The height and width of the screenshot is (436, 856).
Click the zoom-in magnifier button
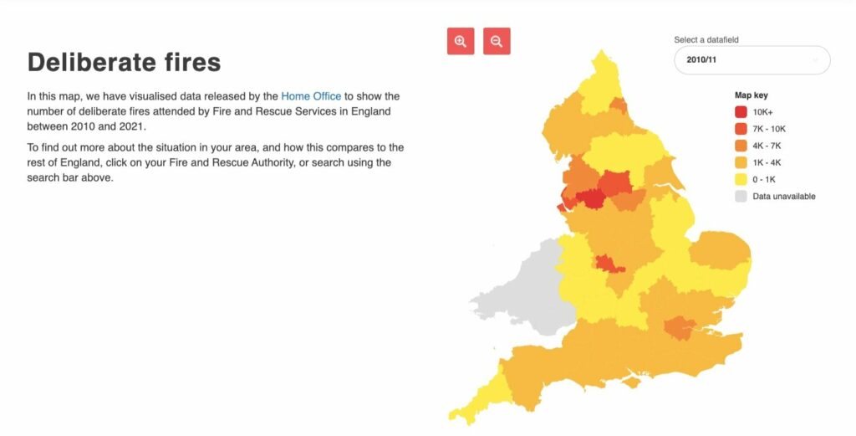460,41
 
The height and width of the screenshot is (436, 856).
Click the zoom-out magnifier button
497,41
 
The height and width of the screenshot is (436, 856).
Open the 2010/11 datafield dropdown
752,60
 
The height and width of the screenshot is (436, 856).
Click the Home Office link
311,96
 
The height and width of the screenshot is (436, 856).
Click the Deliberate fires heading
124,62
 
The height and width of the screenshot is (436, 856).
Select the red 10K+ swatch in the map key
741,111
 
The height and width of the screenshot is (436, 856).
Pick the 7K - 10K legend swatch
741,128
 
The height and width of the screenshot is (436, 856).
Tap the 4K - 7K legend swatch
741,146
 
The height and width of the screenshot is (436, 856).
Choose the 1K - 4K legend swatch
741,162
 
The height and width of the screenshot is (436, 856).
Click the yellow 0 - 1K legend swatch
741,179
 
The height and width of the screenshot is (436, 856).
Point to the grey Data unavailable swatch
741,197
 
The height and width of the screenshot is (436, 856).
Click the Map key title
751,95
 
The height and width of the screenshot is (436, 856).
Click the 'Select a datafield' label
706,39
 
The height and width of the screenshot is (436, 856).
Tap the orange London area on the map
679,327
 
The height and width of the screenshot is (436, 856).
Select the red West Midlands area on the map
609,264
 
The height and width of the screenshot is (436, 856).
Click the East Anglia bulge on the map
719,255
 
